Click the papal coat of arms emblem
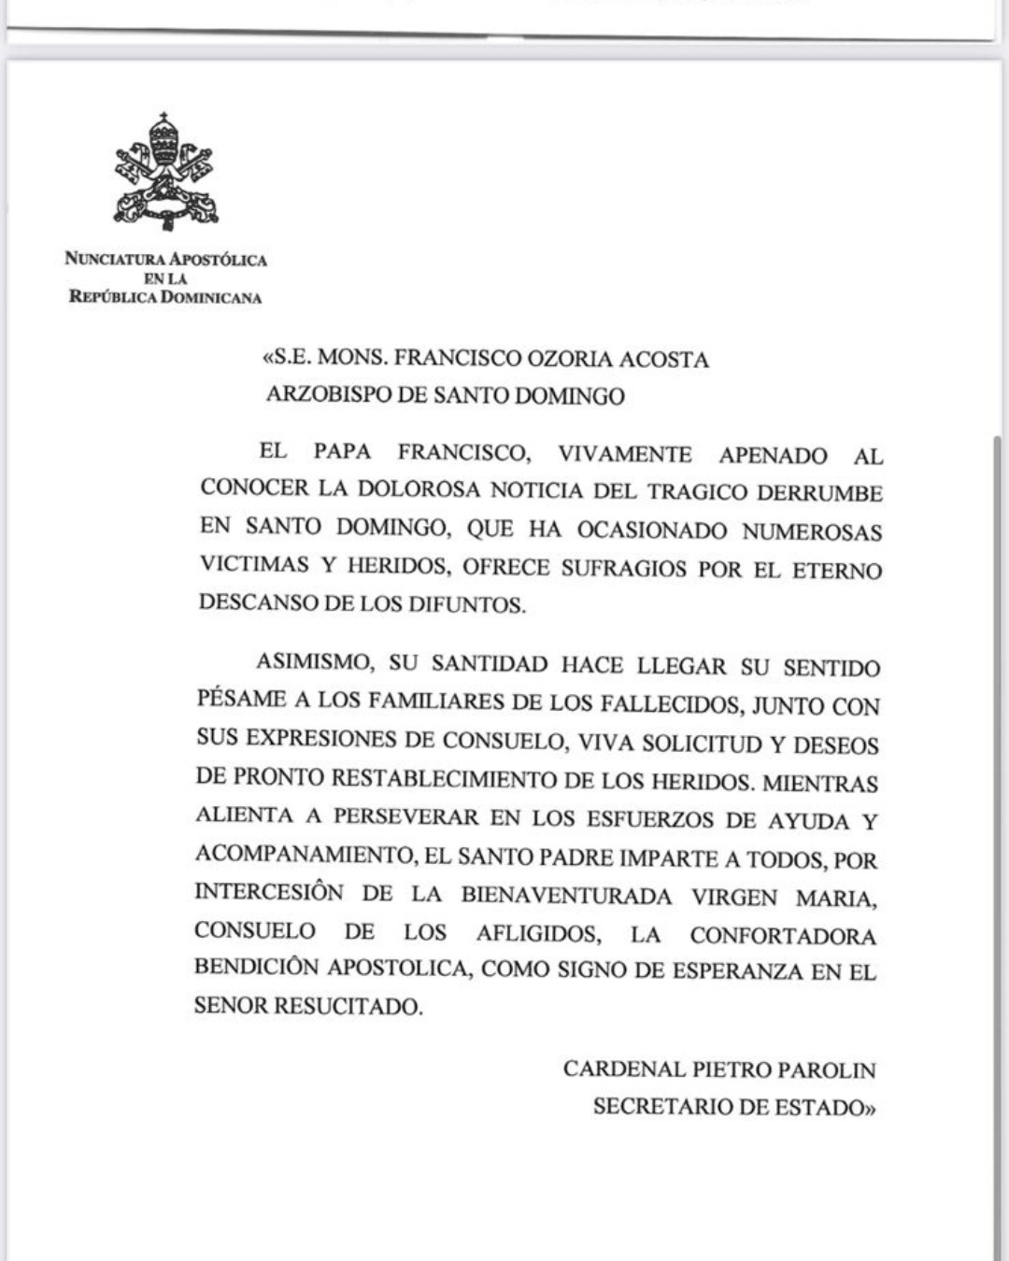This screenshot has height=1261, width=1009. click(x=165, y=172)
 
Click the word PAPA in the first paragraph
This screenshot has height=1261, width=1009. click(x=342, y=452)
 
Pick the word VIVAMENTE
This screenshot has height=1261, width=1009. click(x=625, y=454)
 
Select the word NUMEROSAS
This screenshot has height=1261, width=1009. click(x=812, y=532)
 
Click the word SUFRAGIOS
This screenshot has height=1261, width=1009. click(x=624, y=569)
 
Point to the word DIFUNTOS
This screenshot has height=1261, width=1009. click(x=466, y=604)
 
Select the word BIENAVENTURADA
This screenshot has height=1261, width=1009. click(x=566, y=896)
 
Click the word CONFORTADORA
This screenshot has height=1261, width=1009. click(x=783, y=936)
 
